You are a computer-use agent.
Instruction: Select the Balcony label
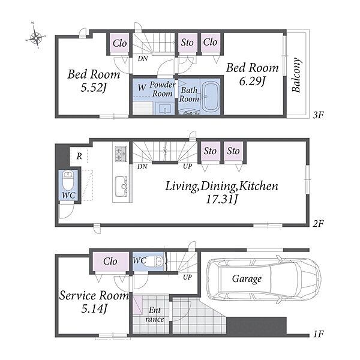click(296, 74)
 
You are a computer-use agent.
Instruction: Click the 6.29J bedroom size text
click(253, 81)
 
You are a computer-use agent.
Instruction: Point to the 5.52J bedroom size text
click(94, 88)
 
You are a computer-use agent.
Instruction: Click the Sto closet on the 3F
click(187, 43)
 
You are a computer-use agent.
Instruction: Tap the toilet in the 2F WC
click(68, 180)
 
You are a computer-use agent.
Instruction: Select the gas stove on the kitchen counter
click(121, 154)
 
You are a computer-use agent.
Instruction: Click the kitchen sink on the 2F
click(121, 186)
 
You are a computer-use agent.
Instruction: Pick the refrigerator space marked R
click(79, 155)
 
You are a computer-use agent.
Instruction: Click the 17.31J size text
click(221, 199)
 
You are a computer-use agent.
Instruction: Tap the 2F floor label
click(319, 223)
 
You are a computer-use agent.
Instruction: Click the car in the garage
click(263, 279)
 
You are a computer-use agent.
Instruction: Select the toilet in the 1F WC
click(154, 262)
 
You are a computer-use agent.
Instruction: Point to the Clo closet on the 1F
click(110, 262)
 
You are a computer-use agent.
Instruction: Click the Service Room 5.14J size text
click(94, 309)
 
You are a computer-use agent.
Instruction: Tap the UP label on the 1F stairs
click(187, 277)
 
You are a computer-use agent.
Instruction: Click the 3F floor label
click(319, 115)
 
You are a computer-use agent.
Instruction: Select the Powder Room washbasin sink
click(165, 109)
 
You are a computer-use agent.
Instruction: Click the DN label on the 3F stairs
click(143, 58)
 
